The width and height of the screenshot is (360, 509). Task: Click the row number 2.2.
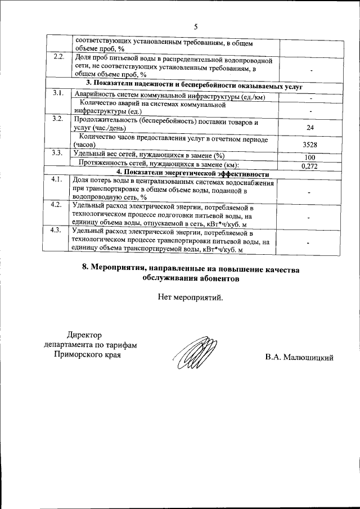point(58,58)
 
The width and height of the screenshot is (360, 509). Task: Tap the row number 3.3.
point(57,153)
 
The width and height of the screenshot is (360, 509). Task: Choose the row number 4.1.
point(57,179)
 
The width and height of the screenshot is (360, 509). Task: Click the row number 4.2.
point(57,204)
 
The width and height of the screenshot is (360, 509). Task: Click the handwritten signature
point(194,354)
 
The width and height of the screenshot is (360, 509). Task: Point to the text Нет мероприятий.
point(191,298)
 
